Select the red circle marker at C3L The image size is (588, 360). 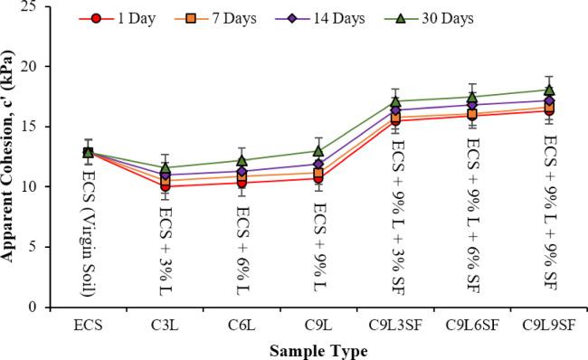(165, 186)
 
